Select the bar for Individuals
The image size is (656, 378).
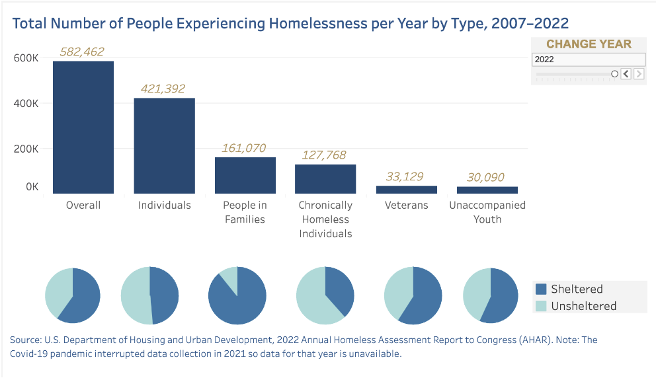(x=165, y=145)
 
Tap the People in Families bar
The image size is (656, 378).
(x=245, y=175)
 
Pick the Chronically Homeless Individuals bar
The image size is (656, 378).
(x=325, y=178)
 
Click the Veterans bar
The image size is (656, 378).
(x=407, y=190)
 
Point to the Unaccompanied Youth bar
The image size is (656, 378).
(x=487, y=190)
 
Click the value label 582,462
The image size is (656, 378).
(x=82, y=52)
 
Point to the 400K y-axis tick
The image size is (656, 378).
(x=26, y=104)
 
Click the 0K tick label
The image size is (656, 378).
(x=32, y=187)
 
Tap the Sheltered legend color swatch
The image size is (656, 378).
(x=541, y=289)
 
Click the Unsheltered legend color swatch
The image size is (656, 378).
(x=541, y=306)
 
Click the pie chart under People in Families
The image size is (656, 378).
(x=237, y=295)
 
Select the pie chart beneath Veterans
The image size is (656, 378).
(x=413, y=295)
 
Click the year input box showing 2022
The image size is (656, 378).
(x=588, y=59)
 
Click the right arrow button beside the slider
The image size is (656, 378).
(x=639, y=74)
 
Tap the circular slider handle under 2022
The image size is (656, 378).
(x=614, y=74)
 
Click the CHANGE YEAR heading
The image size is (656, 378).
(x=589, y=44)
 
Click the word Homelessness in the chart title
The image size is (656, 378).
(x=317, y=24)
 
